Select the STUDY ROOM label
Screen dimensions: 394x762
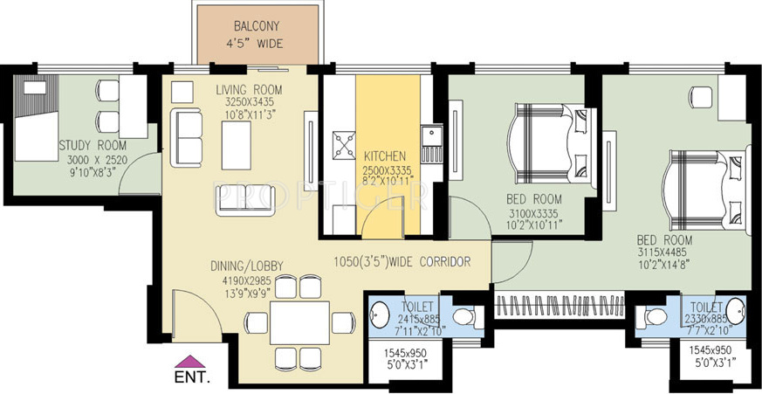point(93,145)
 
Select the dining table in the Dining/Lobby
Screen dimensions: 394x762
point(299,322)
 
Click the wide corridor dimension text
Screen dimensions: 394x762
point(403,261)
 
